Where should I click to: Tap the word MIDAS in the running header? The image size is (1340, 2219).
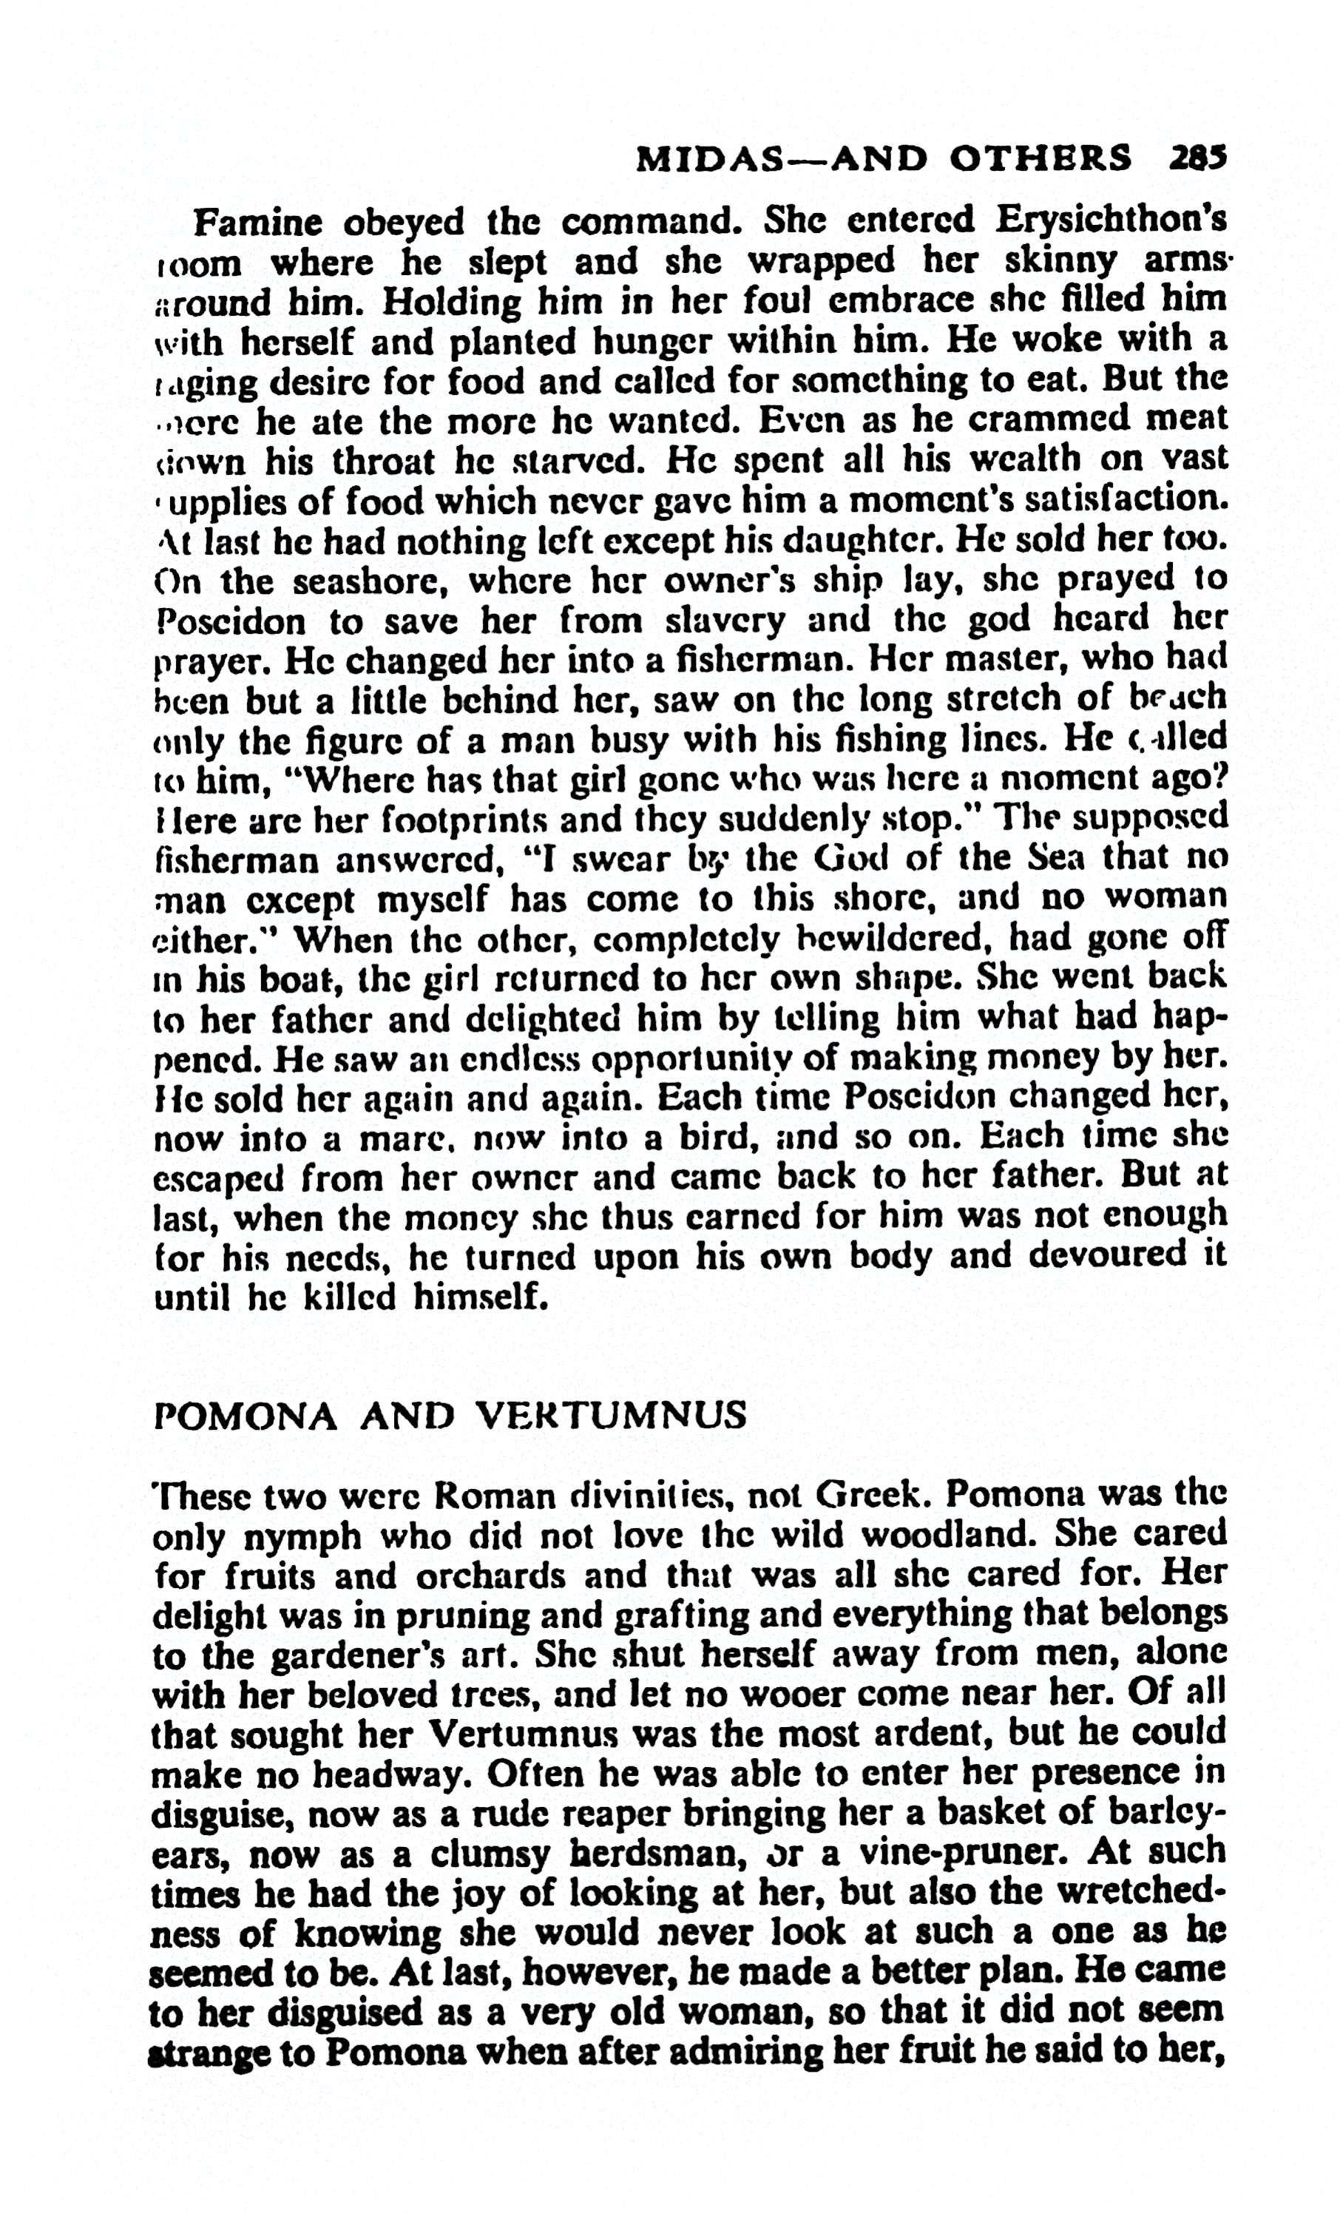tap(698, 161)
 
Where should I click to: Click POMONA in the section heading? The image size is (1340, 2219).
tap(246, 1416)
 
